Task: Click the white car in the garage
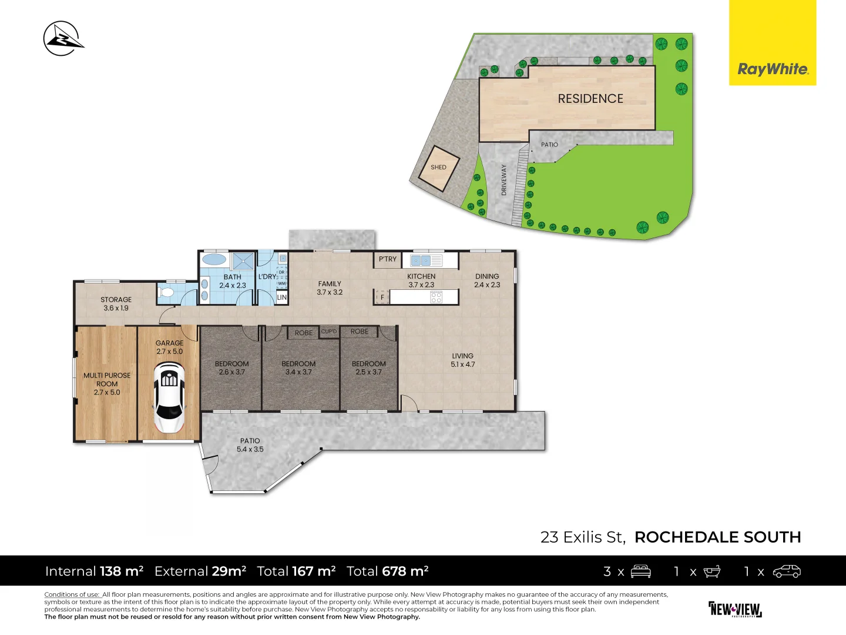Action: coord(169,397)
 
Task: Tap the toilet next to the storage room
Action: coord(166,293)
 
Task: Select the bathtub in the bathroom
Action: coord(214,259)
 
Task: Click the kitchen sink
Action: coord(421,260)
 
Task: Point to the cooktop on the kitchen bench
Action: coord(437,297)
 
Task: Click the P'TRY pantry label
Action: coord(387,259)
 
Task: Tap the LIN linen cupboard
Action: coord(282,298)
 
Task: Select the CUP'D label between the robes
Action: coord(329,332)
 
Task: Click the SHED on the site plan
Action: coord(439,169)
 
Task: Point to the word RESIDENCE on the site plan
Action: coord(590,99)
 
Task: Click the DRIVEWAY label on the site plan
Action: coord(503,180)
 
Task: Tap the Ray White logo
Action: coord(773,42)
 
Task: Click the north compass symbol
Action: coord(63,39)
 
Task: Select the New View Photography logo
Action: coord(735,609)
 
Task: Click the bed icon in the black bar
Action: coord(640,571)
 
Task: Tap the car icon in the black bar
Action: coord(787,571)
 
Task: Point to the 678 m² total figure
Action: coord(405,571)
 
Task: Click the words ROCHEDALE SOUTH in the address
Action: coord(718,537)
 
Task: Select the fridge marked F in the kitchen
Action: coord(382,298)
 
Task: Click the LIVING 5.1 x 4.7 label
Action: coord(462,360)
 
